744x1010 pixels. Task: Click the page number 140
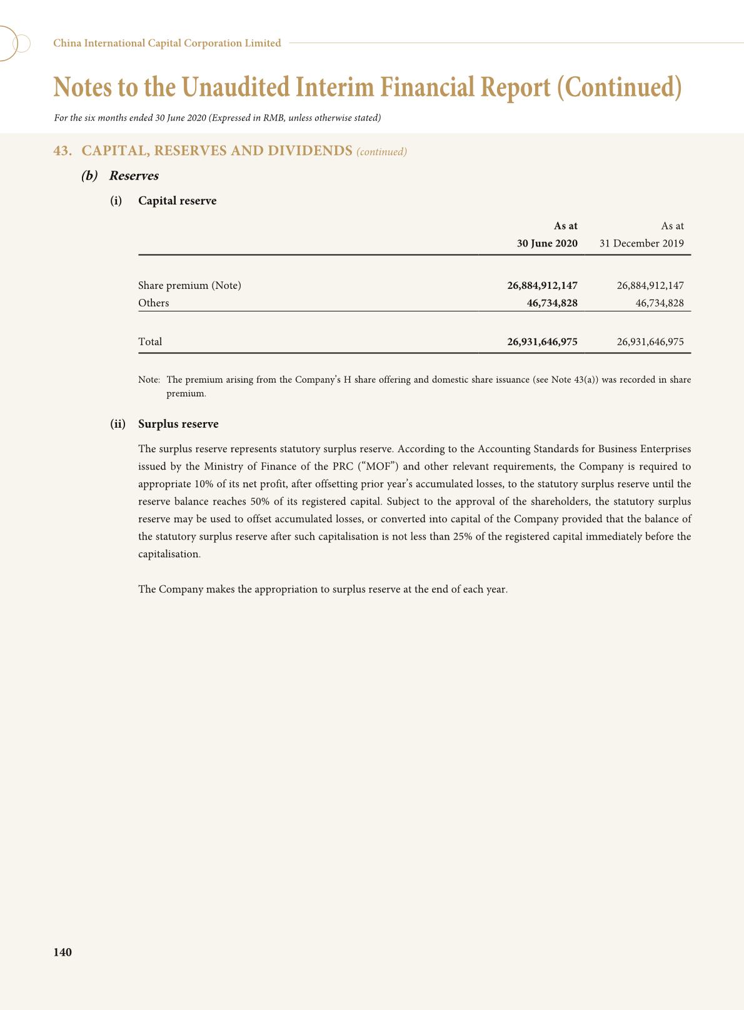coord(63,952)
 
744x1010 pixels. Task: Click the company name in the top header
coord(167,43)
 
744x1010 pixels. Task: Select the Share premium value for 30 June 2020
coord(542,286)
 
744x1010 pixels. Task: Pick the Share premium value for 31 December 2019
coord(650,286)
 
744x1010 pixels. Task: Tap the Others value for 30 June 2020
coord(552,303)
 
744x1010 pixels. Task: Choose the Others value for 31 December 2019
coord(660,303)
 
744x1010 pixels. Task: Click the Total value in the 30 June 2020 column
coord(542,342)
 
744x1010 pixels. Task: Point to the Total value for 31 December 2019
coord(650,342)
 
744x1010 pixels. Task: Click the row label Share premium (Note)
coord(189,286)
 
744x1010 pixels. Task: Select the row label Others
coord(154,303)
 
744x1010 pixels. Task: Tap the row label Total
coord(150,342)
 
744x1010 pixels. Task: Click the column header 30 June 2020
coord(547,243)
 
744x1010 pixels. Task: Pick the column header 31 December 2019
coord(641,243)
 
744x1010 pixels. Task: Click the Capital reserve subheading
coord(178,201)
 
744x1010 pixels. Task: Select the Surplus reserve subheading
coord(178,424)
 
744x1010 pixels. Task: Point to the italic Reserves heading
coord(134,176)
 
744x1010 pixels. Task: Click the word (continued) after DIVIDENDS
coord(381,152)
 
